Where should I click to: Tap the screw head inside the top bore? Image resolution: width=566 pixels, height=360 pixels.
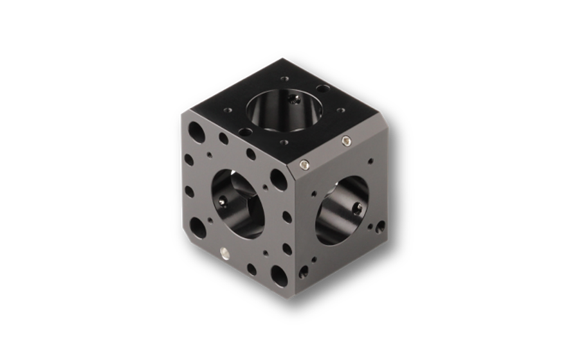[295, 101]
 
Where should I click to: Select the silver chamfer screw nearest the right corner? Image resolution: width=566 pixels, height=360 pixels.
[347, 141]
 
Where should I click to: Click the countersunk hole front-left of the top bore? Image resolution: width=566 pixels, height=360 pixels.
[244, 131]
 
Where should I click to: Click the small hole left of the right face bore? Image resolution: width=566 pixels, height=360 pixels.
[313, 193]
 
